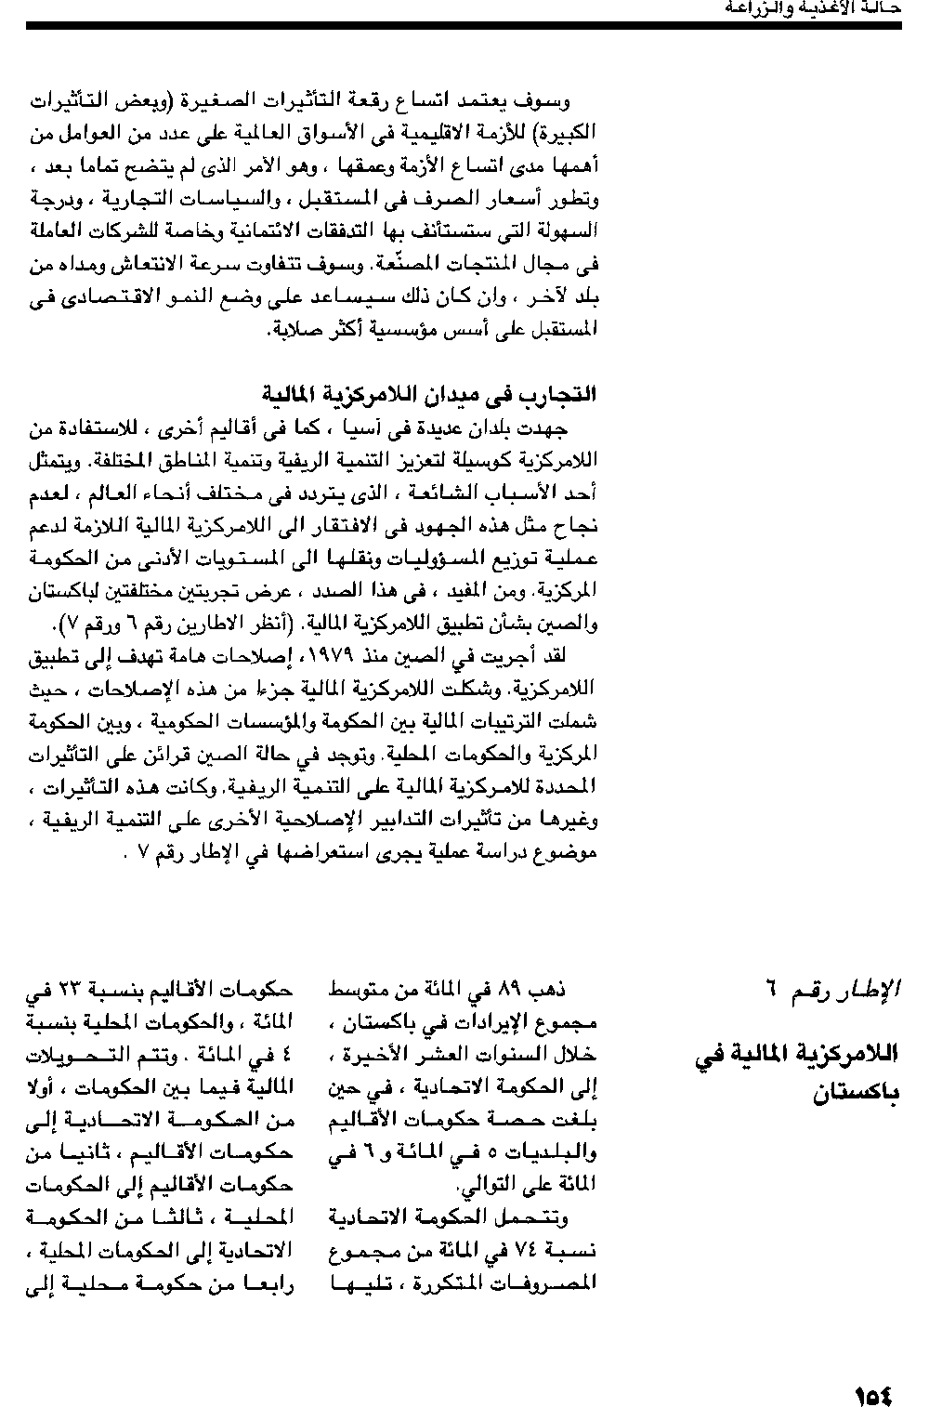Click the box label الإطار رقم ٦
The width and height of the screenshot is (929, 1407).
pyautogui.click(x=837, y=989)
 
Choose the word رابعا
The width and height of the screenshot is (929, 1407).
pyautogui.click(x=268, y=1283)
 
